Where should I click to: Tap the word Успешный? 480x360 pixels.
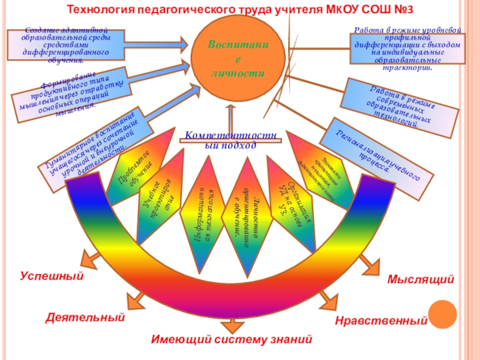coord(51,277)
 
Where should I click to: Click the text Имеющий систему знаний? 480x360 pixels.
coord(232,340)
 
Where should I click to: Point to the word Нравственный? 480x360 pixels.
coord(381,321)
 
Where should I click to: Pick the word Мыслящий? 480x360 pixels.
coord(421,280)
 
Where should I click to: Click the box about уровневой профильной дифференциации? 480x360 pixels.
coord(407,49)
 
